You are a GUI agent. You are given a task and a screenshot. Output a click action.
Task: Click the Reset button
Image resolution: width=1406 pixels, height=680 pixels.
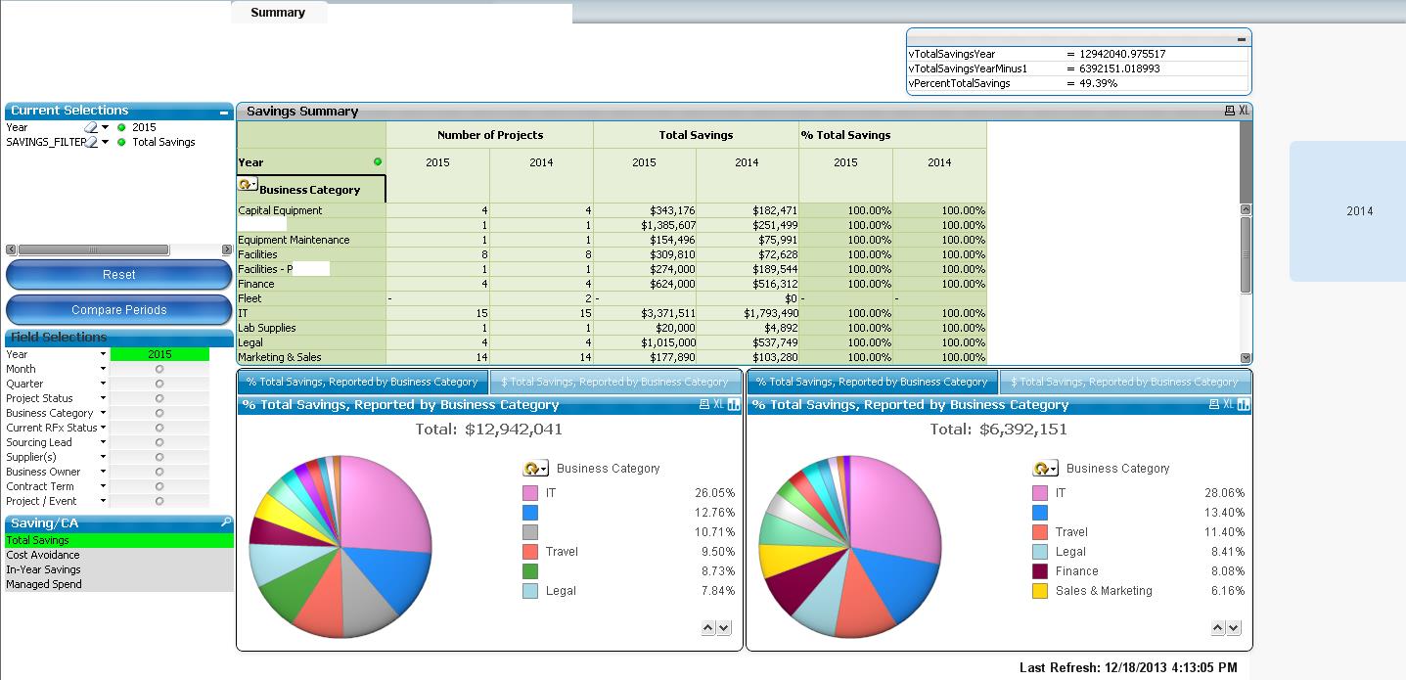click(x=118, y=275)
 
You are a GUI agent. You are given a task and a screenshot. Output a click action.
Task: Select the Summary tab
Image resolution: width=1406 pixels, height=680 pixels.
click(x=278, y=13)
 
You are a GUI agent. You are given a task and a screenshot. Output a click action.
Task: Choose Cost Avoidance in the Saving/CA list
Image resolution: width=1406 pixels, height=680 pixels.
click(x=43, y=555)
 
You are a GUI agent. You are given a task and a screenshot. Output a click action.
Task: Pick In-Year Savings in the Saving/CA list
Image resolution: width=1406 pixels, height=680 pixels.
click(x=43, y=569)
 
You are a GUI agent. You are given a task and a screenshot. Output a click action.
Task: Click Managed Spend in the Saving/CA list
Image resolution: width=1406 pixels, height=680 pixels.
click(x=44, y=584)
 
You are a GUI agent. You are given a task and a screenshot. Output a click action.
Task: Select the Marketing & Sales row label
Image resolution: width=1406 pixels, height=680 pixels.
click(x=280, y=357)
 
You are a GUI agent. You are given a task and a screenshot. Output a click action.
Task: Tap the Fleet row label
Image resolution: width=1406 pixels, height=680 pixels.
click(x=250, y=298)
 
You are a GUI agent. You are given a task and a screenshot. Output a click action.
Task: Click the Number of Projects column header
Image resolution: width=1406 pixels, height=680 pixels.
click(x=489, y=135)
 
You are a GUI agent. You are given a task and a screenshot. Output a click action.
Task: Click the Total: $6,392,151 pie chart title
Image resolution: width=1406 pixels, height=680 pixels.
click(x=998, y=430)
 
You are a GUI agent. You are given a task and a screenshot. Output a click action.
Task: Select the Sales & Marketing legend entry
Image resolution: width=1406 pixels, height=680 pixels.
click(x=1103, y=591)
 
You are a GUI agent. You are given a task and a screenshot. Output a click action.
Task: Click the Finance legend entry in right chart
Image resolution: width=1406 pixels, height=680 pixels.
click(x=1076, y=571)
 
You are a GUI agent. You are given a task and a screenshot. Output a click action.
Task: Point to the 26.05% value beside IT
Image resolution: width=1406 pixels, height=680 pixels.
click(x=714, y=493)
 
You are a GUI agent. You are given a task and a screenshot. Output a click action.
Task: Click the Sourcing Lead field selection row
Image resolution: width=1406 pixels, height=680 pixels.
click(x=39, y=442)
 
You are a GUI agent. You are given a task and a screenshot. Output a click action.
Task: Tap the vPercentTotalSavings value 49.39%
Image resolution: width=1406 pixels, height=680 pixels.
click(x=1099, y=83)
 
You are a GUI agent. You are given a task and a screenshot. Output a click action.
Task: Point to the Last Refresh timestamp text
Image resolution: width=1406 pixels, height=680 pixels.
click(x=1128, y=667)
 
